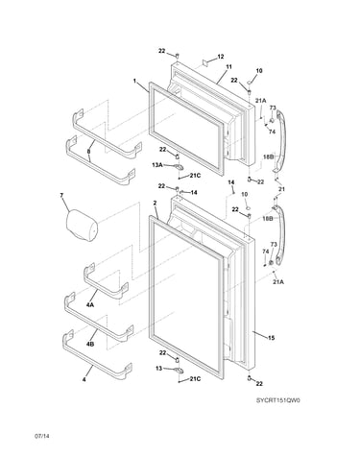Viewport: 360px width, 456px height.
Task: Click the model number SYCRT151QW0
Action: pos(277,400)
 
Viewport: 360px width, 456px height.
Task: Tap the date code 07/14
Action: pos(42,436)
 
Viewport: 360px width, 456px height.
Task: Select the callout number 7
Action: pos(61,195)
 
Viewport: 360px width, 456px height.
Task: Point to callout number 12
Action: pos(221,57)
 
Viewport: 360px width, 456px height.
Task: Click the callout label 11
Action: pos(228,67)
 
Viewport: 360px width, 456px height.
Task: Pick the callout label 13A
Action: pos(157,165)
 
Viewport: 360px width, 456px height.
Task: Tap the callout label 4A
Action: pos(90,304)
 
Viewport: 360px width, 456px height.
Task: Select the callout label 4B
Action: pos(90,345)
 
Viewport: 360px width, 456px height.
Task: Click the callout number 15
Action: pos(271,338)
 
